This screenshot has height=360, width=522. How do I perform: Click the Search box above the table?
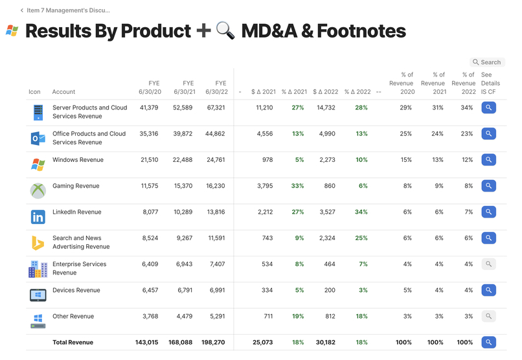click(487, 62)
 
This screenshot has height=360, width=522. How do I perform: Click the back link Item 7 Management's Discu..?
click(68, 10)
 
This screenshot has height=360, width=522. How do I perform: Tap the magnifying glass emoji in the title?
click(225, 30)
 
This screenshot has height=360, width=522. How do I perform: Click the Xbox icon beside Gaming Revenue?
click(38, 190)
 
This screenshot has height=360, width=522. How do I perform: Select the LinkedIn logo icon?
click(38, 217)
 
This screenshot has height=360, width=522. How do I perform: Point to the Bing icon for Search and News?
click(38, 243)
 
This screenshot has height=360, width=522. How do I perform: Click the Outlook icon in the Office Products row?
click(38, 138)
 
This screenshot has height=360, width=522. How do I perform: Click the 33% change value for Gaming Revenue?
click(297, 186)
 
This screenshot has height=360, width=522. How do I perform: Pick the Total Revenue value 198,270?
click(214, 343)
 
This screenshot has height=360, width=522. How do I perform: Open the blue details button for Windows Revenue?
click(489, 160)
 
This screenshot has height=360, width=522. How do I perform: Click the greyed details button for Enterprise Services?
click(489, 264)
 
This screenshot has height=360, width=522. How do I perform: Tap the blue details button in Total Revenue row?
click(489, 343)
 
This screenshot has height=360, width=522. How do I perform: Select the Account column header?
click(63, 92)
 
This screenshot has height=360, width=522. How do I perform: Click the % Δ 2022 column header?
click(357, 92)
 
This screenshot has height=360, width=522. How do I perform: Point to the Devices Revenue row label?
click(76, 290)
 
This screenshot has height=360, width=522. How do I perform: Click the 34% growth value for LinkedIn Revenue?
click(361, 212)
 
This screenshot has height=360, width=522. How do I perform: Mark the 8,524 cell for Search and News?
click(150, 238)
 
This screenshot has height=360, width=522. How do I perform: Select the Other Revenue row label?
click(73, 317)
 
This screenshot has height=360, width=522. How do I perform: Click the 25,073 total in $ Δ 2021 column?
click(262, 343)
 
